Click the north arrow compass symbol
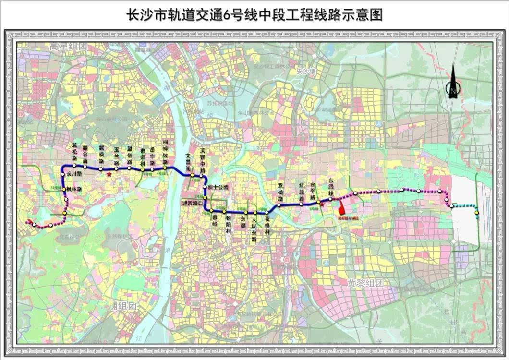pos(453,83)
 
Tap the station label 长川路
pos(74,174)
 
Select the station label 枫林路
pos(74,189)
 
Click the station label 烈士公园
pos(218,187)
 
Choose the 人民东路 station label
pos(254,230)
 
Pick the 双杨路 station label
pos(280,192)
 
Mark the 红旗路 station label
pos(302,192)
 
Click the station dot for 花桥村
pos(267,212)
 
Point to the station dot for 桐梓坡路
pos(165,168)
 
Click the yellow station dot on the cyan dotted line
pos(476,212)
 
